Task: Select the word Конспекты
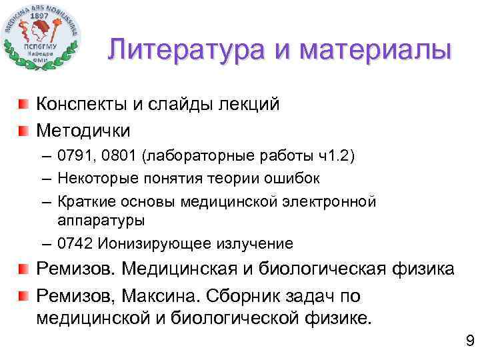[79, 104]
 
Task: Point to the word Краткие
[83, 201]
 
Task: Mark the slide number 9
[469, 342]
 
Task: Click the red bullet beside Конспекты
[24, 104]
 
